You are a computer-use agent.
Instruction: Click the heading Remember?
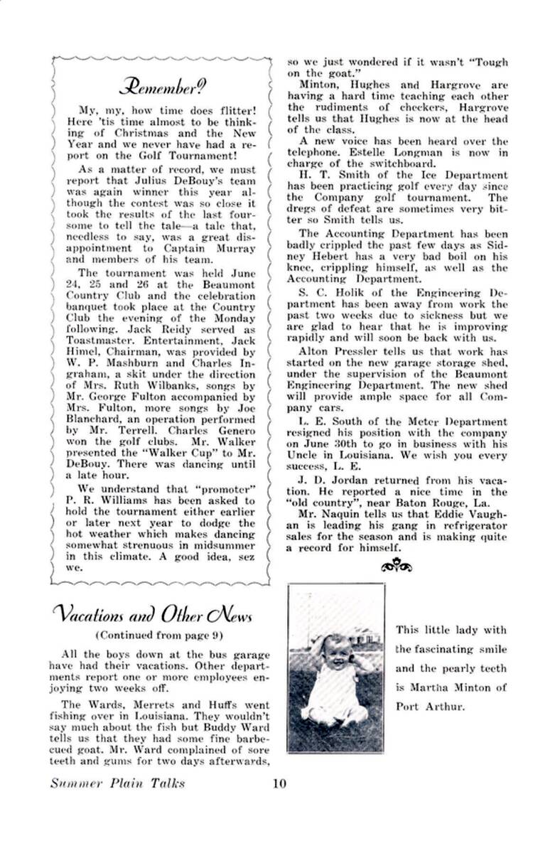(x=163, y=87)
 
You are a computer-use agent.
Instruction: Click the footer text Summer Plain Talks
(x=117, y=783)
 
